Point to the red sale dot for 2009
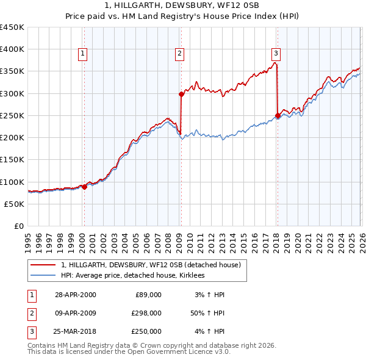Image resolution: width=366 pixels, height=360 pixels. coord(181,94)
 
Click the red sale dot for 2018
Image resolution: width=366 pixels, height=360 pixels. coord(278,115)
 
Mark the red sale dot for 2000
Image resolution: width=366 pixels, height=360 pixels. coord(84,187)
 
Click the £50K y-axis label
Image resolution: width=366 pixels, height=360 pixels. coord(15,204)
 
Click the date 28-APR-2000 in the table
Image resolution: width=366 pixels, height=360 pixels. coord(75,294)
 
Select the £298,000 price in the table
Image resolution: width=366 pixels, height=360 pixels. coord(147,313)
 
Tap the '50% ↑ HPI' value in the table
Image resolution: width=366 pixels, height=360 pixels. coord(207,313)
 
